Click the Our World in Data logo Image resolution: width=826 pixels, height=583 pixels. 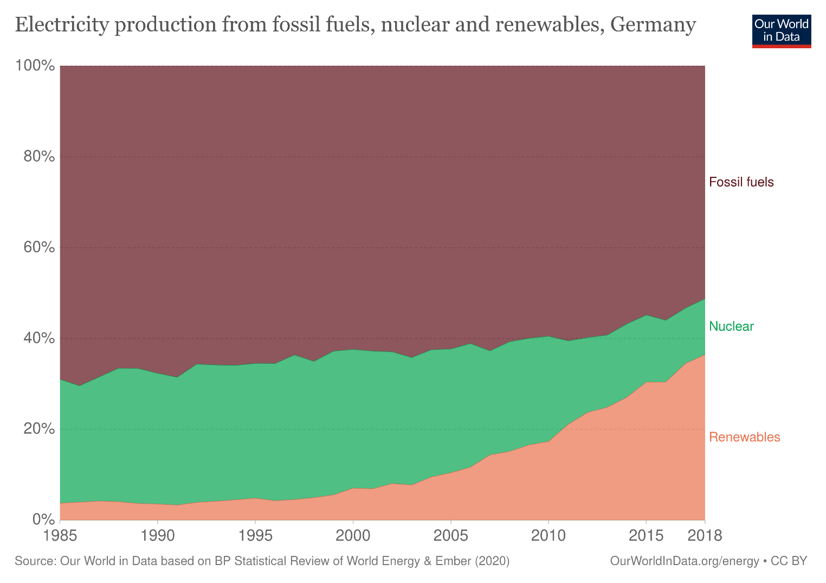(x=781, y=31)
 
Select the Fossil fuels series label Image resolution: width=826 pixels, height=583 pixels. (x=741, y=182)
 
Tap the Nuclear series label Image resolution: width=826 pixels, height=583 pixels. (x=731, y=326)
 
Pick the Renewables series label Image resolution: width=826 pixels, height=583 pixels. (x=744, y=437)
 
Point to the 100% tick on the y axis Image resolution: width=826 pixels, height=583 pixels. (x=36, y=66)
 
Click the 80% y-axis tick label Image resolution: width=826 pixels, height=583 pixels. (x=39, y=157)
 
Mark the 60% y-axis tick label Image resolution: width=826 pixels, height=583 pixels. (x=39, y=248)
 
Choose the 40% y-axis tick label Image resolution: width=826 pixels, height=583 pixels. (x=39, y=338)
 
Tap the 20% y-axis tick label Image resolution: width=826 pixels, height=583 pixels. (x=39, y=429)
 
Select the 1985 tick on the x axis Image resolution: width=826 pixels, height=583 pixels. (x=60, y=536)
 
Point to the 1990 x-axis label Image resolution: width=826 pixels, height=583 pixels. (x=157, y=536)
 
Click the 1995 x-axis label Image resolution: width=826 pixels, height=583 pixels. (x=255, y=536)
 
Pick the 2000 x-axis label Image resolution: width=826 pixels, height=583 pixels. (x=353, y=536)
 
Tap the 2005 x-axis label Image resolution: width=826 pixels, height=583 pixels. (x=450, y=536)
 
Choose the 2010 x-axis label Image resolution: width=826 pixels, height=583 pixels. (x=548, y=536)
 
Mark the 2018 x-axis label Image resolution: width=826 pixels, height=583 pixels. (x=704, y=536)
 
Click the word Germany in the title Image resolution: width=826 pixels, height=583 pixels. (x=653, y=25)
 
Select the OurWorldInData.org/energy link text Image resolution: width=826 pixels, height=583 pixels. (x=684, y=561)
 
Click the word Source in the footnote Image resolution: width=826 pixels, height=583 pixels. (x=34, y=561)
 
